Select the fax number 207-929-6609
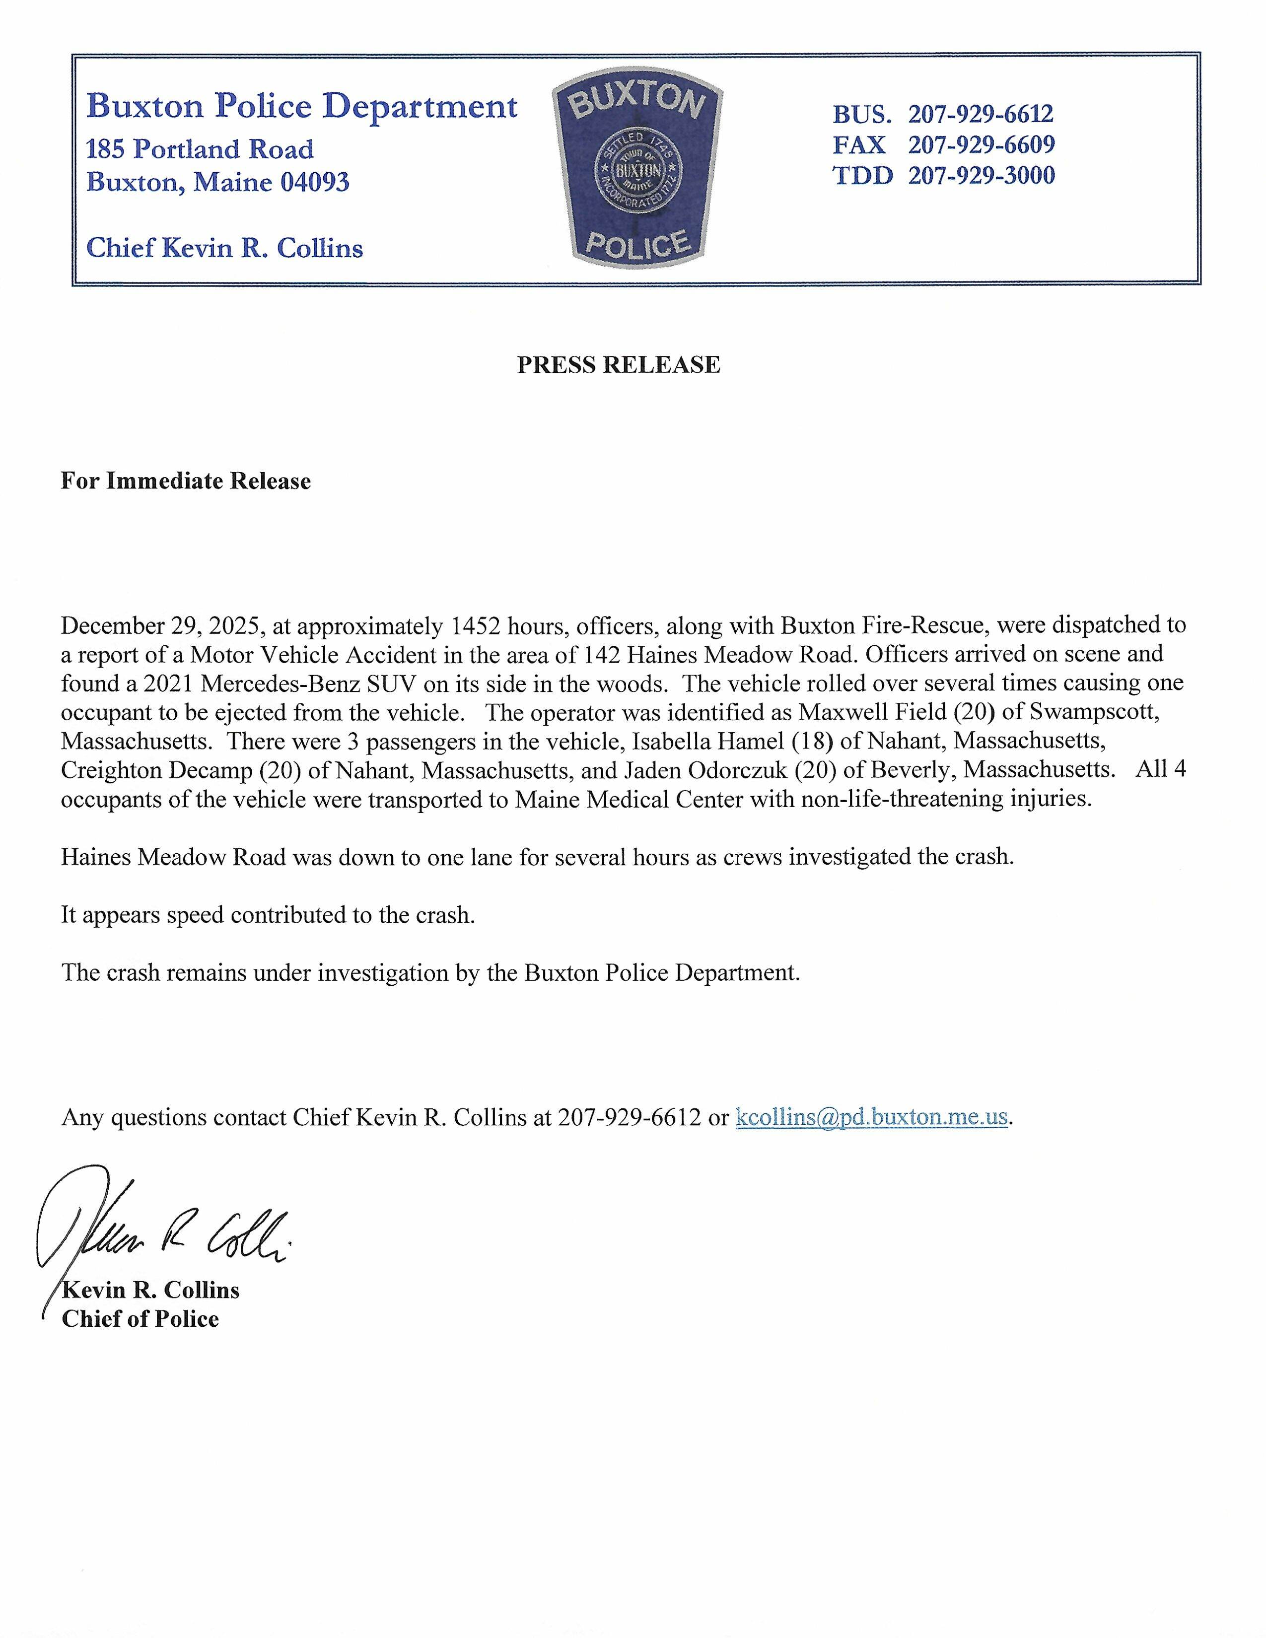[x=981, y=145]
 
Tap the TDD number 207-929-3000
[x=981, y=176]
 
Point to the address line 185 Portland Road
[x=200, y=149]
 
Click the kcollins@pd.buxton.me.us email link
[x=871, y=1117]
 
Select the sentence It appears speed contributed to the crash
[x=268, y=914]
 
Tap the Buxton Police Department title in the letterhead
[x=301, y=107]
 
